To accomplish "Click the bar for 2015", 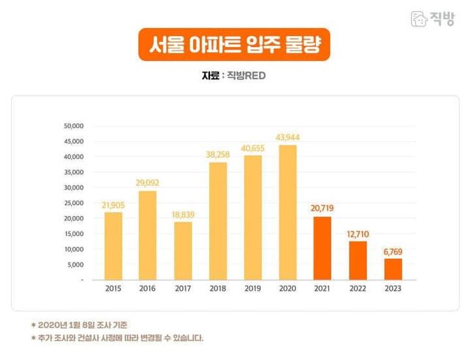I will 113,246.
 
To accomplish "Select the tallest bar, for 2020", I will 287,212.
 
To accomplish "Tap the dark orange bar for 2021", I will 322,248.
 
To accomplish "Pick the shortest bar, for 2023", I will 392,269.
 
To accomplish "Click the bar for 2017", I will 183,251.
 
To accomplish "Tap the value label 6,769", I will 392,252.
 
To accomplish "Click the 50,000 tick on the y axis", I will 75,126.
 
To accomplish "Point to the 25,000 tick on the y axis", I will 75,203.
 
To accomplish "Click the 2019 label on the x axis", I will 253,289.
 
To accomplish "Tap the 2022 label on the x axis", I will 358,289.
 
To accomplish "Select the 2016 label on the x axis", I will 148,289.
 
